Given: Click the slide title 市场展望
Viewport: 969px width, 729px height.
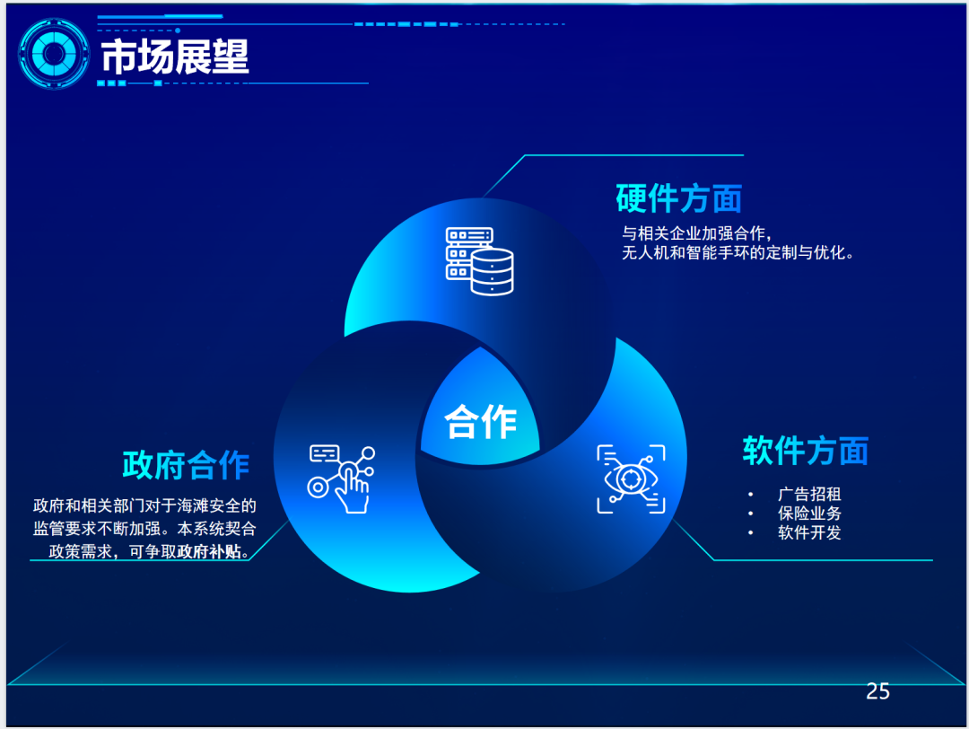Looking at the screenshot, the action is (175, 57).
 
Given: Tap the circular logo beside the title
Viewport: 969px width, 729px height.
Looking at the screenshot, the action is (54, 54).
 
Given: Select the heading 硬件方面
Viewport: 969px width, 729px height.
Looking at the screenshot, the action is (678, 198).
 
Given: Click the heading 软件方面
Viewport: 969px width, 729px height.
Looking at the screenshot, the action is (805, 450).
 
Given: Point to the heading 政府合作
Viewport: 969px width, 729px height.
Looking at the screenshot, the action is (186, 465).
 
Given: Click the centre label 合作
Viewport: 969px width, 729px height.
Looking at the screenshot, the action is (480, 422).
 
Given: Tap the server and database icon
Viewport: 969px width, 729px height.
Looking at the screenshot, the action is (479, 261).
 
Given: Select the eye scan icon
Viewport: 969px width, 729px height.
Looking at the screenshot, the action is (631, 479).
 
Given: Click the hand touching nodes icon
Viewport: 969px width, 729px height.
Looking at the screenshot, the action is (341, 479).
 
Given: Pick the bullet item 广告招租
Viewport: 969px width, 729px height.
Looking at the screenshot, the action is (809, 494).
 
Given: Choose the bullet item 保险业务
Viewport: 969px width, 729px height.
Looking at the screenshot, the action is (809, 514).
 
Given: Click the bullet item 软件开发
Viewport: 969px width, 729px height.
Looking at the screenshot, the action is (809, 532).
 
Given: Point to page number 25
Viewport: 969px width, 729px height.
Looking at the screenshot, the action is (877, 691).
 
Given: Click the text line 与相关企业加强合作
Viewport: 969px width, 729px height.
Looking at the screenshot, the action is (696, 233).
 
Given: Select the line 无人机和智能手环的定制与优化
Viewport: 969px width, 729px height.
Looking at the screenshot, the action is (738, 252).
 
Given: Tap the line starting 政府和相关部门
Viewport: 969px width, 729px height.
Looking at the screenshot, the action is (144, 505).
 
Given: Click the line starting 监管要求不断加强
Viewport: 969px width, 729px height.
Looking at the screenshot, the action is (144, 529).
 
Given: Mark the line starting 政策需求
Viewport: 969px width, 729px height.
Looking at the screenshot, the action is (149, 551).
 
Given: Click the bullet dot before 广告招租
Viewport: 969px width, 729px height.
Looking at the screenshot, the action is (750, 494).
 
